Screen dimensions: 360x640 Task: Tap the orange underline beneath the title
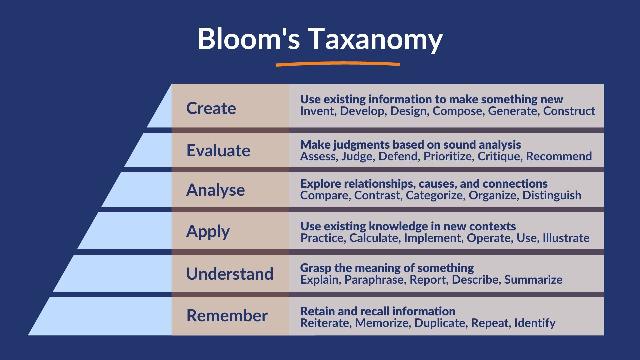(x=338, y=64)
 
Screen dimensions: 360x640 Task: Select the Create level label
(x=211, y=108)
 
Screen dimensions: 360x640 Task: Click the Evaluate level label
(x=218, y=151)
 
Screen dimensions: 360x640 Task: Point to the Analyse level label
(x=215, y=190)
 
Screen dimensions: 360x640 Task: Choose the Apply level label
(x=208, y=231)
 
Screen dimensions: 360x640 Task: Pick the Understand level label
(x=230, y=274)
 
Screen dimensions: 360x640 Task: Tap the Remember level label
(x=227, y=316)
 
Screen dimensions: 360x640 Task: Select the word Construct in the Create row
(x=569, y=111)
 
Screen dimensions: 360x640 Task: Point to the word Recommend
(x=559, y=156)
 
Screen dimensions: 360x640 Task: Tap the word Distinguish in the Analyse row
(x=552, y=195)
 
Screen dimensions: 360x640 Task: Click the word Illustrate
(x=566, y=238)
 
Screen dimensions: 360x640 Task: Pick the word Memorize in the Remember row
(x=382, y=323)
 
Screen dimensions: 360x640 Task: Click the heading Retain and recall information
(x=378, y=311)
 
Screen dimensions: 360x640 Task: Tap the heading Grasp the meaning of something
(x=387, y=268)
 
